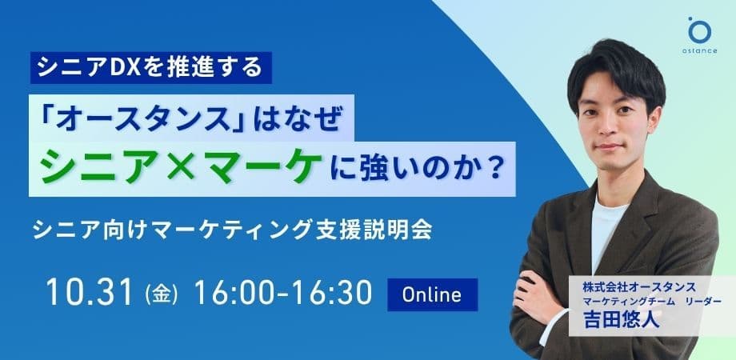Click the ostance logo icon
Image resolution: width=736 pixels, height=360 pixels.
click(698, 30)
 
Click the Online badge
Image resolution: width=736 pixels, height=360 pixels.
click(432, 294)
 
